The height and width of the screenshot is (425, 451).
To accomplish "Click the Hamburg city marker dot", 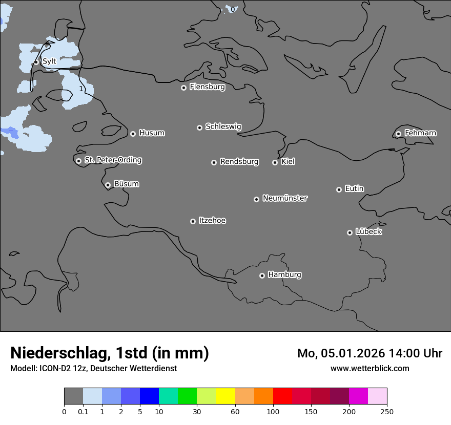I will (262, 275).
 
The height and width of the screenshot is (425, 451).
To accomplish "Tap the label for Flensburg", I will (207, 87).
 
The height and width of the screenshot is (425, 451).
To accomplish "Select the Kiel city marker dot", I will (275, 162).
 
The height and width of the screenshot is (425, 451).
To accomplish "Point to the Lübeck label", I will (368, 232).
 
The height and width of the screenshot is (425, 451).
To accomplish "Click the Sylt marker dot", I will (36, 62).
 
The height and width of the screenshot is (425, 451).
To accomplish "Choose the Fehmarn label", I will (420, 133).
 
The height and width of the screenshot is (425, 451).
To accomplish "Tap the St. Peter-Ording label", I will (113, 160).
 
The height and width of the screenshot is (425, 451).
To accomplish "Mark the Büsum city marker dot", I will (108, 185).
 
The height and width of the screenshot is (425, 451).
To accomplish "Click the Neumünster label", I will (285, 198).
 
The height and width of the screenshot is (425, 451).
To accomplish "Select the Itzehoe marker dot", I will (193, 221).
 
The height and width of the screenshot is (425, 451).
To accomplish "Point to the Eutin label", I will (354, 189).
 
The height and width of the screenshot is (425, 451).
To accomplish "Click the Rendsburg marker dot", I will (214, 162).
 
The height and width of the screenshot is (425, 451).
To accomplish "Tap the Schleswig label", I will (223, 126).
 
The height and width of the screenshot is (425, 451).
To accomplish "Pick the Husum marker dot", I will (133, 134).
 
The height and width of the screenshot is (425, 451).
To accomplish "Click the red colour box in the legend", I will (282, 396).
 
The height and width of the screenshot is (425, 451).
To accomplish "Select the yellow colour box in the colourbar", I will (225, 396).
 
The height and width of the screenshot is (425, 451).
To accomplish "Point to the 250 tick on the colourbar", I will (386, 411).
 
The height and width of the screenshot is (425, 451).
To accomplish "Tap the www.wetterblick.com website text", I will (370, 368).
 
